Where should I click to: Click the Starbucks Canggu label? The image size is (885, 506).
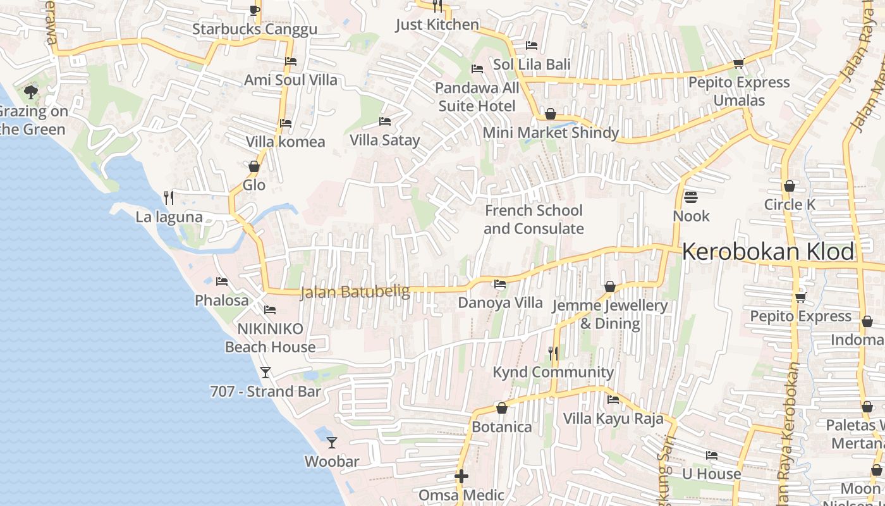click(x=254, y=30)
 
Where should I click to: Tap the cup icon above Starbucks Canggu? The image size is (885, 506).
click(x=254, y=10)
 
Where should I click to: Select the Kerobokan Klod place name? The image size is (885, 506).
click(x=768, y=252)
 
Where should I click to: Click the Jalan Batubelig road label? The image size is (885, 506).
click(x=355, y=292)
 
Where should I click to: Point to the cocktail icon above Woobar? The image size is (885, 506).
click(x=332, y=442)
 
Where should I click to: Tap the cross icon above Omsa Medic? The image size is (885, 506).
click(x=461, y=476)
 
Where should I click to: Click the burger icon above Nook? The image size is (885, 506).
click(x=690, y=197)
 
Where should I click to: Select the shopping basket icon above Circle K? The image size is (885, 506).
click(x=789, y=186)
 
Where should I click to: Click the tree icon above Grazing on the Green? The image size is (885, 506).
click(x=30, y=93)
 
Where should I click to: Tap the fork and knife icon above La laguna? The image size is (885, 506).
click(x=169, y=198)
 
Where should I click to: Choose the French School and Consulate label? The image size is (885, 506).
click(x=534, y=219)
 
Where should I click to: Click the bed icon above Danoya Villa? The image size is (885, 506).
click(x=500, y=284)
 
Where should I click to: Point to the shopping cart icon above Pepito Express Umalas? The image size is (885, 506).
click(x=738, y=63)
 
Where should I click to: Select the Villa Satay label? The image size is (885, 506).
click(x=384, y=140)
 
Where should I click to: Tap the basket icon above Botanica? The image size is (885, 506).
click(x=502, y=408)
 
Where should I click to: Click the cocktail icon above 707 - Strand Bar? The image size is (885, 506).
click(x=265, y=372)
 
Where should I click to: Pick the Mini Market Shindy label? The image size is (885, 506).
click(x=550, y=133)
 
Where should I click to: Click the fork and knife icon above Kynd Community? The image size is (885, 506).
click(x=553, y=353)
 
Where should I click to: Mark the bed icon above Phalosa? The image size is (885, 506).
click(x=221, y=281)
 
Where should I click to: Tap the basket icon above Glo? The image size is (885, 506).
click(x=254, y=166)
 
